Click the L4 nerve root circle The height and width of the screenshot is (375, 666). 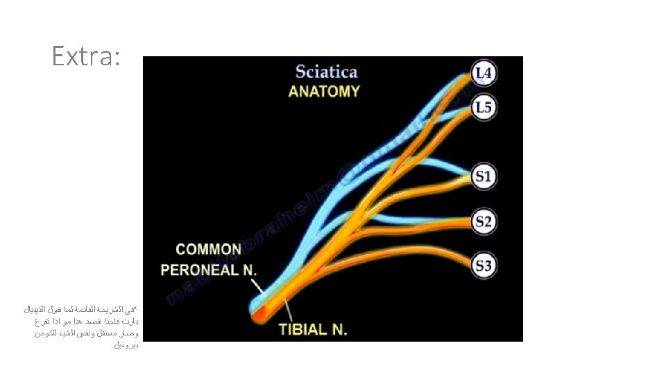point(485,72)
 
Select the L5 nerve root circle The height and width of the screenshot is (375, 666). point(485,108)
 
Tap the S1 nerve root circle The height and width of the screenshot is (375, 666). point(484,176)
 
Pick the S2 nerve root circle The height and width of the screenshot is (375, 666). point(484,222)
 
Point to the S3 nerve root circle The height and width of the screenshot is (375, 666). point(484,265)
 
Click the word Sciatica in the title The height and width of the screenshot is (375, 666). point(326,71)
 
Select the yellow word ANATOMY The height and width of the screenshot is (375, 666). point(324,91)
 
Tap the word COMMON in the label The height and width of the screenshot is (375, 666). point(208,249)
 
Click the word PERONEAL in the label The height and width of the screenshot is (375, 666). point(200,269)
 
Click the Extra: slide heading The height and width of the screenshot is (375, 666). point(86,56)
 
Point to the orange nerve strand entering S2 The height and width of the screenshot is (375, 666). point(416,226)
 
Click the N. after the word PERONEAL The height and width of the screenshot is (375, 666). point(248,269)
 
